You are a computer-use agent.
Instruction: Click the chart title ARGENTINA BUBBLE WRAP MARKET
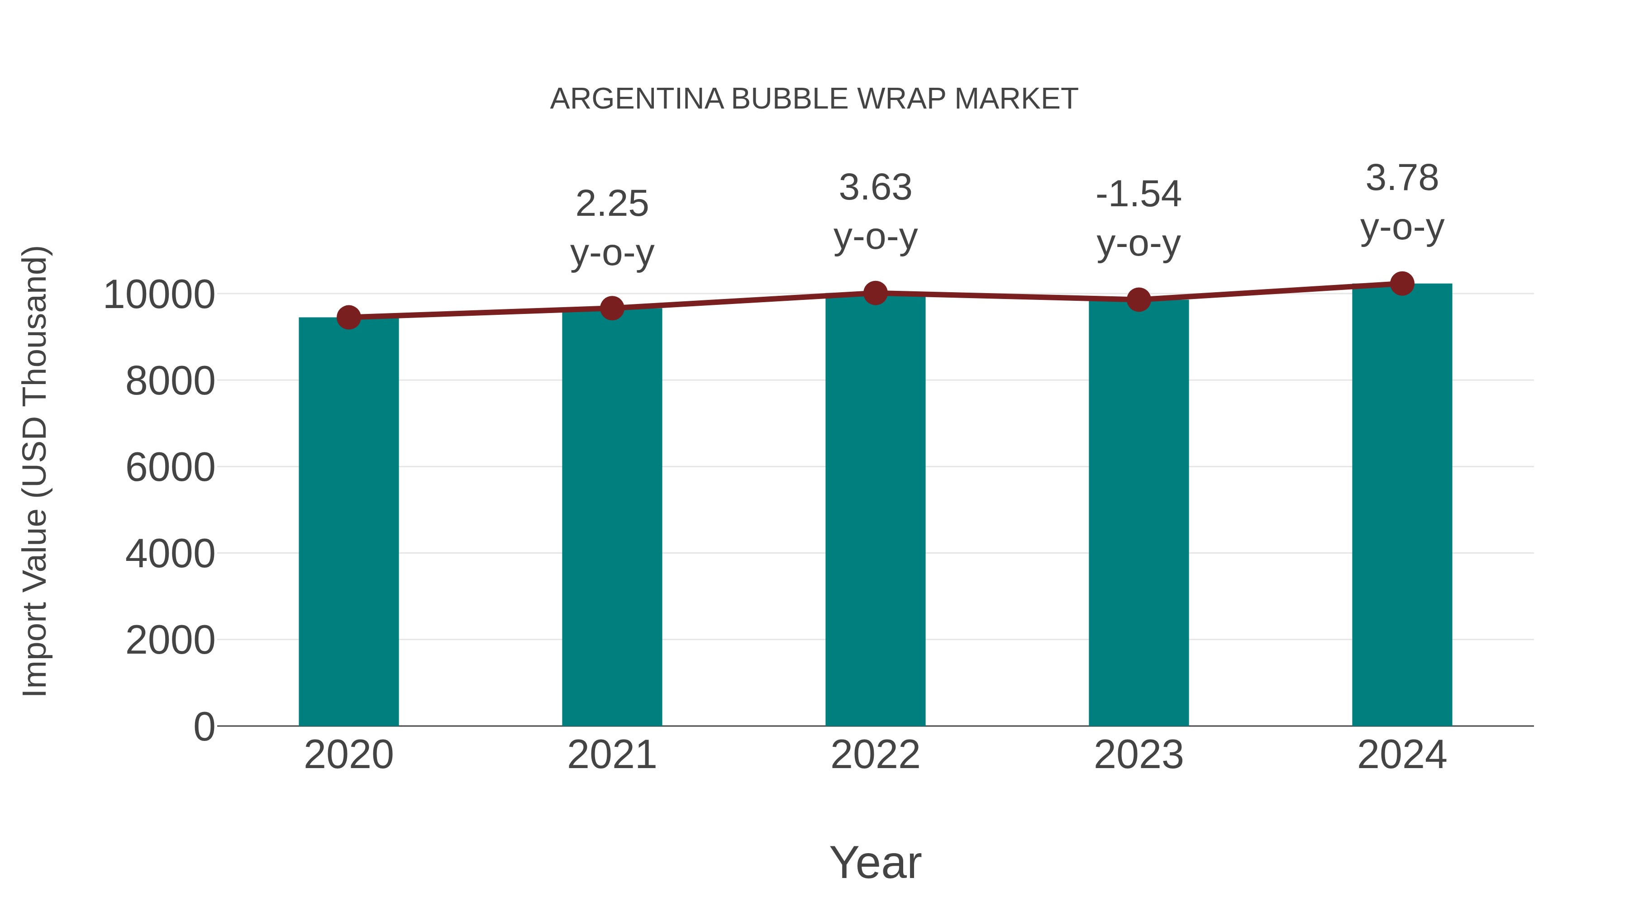click(814, 99)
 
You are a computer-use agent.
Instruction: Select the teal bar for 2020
click(348, 522)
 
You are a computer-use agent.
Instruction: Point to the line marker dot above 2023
click(1138, 299)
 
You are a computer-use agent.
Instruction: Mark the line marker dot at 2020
click(348, 318)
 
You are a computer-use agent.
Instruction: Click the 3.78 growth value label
click(1402, 178)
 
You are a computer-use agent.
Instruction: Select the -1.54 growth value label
click(1138, 194)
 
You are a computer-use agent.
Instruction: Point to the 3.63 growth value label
click(875, 188)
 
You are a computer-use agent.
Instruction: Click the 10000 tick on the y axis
click(159, 294)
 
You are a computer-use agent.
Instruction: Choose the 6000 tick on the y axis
click(170, 468)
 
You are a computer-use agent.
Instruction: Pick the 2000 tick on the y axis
click(170, 641)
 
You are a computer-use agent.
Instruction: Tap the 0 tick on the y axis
click(204, 726)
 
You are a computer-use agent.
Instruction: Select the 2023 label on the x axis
click(1138, 755)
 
